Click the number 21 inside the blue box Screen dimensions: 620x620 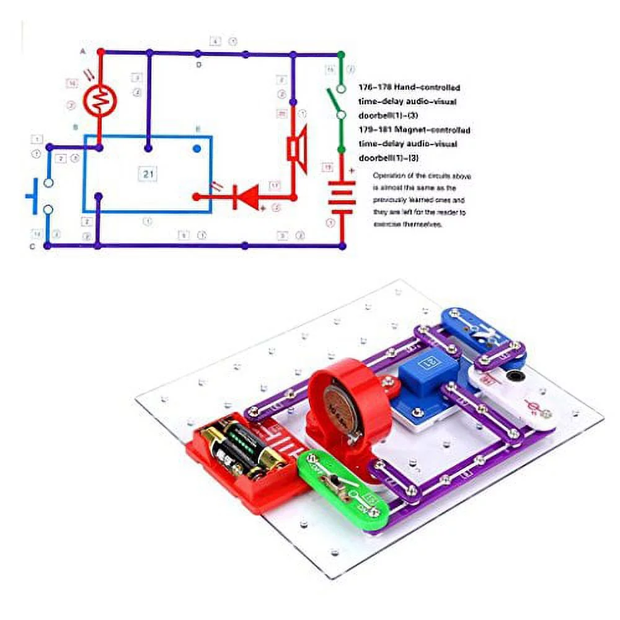click(x=148, y=174)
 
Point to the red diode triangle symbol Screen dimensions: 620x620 click(x=245, y=197)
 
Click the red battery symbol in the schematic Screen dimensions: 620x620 click(x=342, y=197)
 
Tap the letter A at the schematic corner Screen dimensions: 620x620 click(x=83, y=52)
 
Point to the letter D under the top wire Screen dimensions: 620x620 click(x=198, y=64)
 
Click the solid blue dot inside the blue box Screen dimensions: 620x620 click(x=197, y=149)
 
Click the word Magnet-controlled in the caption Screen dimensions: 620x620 click(x=433, y=130)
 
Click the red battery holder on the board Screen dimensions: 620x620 click(x=245, y=453)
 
